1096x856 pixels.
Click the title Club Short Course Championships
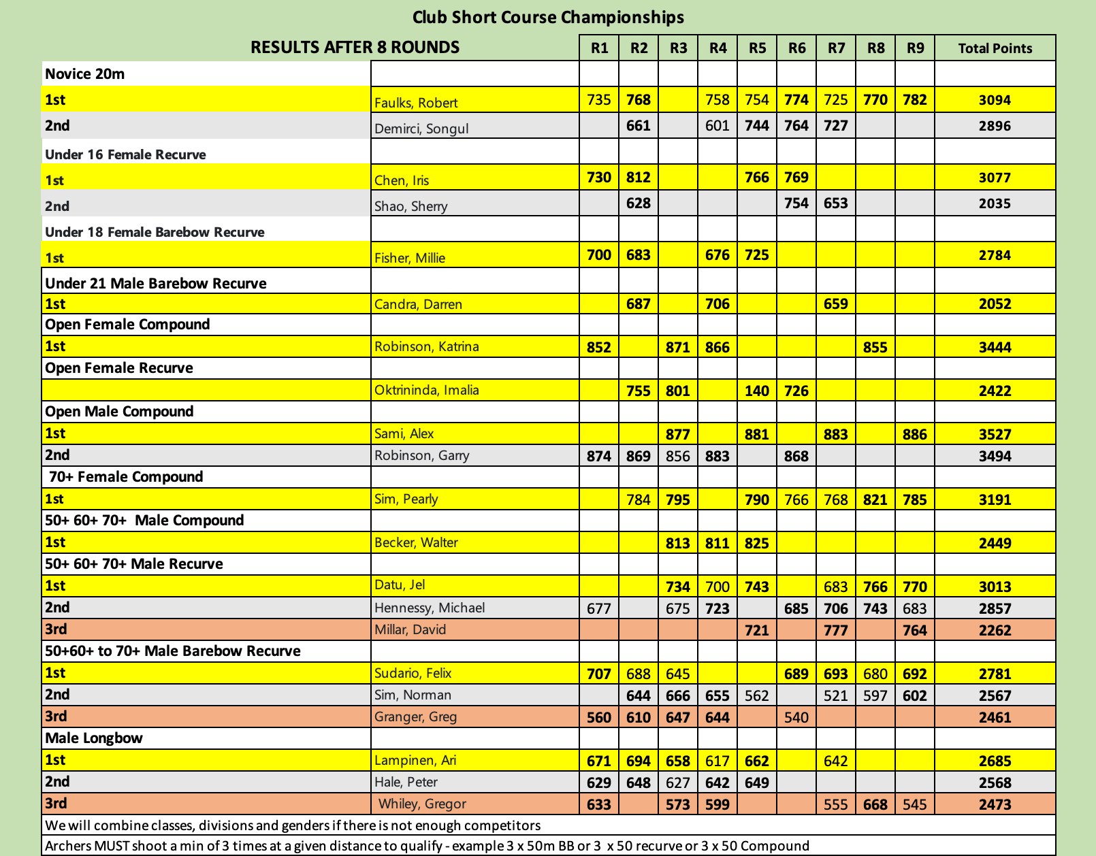tap(548, 16)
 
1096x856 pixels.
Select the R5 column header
tap(757, 48)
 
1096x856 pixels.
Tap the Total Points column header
tap(995, 48)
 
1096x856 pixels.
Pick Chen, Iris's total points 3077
tap(995, 178)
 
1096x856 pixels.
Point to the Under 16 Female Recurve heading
tap(125, 154)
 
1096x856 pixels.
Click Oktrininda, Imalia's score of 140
tap(757, 391)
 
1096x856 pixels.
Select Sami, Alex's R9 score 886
tap(915, 434)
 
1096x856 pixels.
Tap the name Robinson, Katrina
tap(427, 346)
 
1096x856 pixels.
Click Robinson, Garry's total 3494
tap(995, 456)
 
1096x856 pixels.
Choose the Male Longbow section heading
tap(94, 738)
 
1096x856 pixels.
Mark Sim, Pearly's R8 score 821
tap(875, 499)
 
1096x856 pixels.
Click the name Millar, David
tap(410, 629)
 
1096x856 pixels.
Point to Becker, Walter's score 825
tap(757, 543)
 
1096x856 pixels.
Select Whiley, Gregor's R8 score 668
tap(875, 804)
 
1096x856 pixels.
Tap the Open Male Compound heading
tap(119, 412)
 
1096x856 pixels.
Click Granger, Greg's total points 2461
tap(995, 717)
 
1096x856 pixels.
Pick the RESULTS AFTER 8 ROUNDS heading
tap(355, 47)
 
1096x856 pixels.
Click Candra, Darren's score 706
tap(718, 303)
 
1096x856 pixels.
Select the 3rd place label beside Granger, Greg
tap(56, 717)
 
